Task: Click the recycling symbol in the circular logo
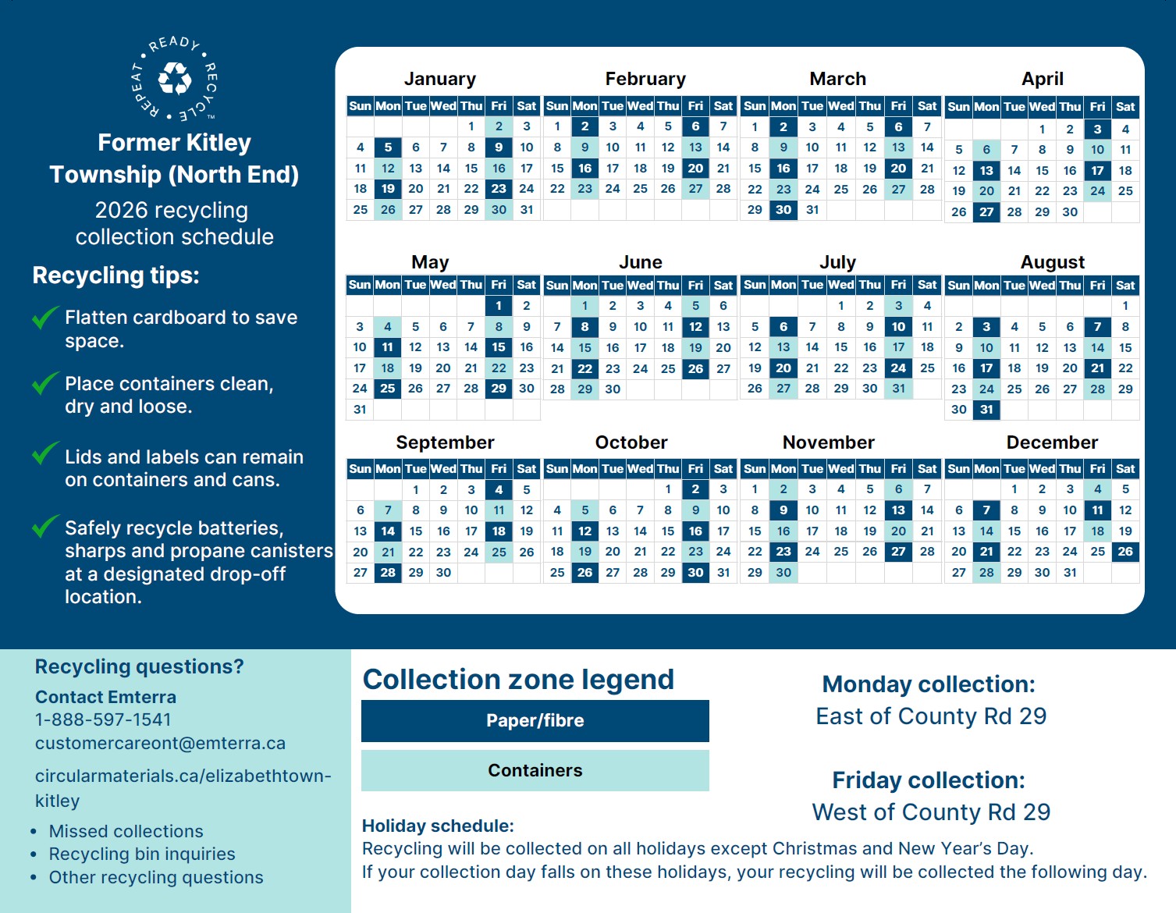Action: point(174,79)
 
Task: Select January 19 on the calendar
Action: point(388,189)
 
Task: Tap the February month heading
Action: point(645,79)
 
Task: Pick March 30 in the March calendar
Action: point(783,210)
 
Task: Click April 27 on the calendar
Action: point(986,212)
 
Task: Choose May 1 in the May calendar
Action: point(499,306)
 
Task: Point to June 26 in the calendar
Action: point(695,368)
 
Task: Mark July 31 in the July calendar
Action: point(899,389)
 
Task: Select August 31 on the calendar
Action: point(986,410)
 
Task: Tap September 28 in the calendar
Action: point(388,573)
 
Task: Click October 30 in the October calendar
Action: point(695,573)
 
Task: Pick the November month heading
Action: point(828,442)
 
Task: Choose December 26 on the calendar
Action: point(1125,552)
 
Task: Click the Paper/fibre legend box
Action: point(535,721)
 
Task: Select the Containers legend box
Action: point(535,771)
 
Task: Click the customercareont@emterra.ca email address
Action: point(160,743)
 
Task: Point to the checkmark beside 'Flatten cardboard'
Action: point(44,318)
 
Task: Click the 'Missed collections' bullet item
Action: point(126,831)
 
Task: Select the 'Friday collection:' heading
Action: point(929,780)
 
